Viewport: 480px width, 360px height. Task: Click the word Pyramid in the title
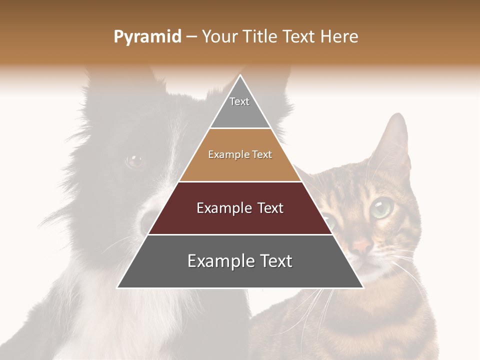pyautogui.click(x=147, y=37)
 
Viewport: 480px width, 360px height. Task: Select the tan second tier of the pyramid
pyautogui.click(x=240, y=165)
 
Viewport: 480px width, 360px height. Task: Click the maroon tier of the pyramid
pyautogui.click(x=240, y=220)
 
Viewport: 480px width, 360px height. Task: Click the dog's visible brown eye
pyautogui.click(x=134, y=161)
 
